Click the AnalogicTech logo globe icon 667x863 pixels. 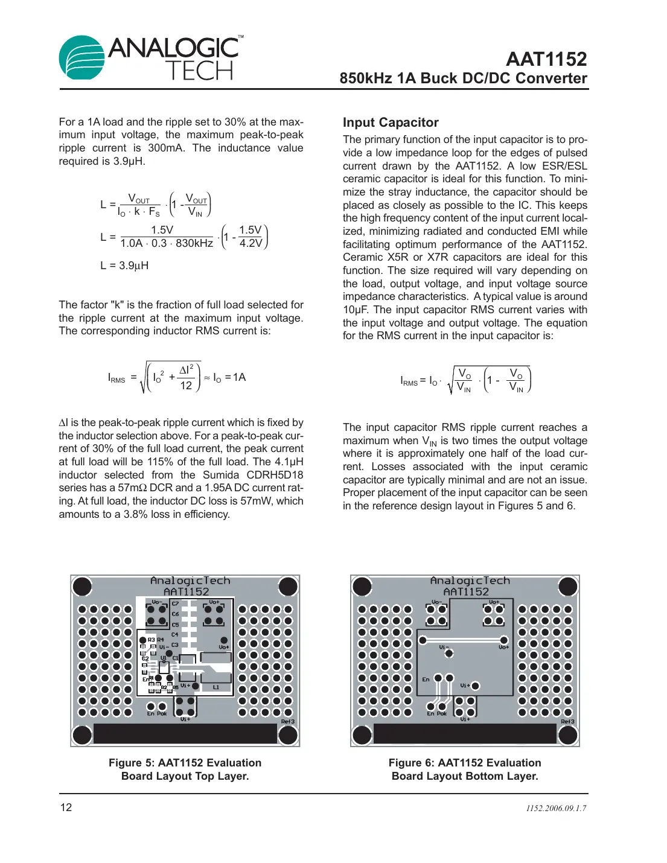(82, 59)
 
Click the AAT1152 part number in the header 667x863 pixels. (546, 59)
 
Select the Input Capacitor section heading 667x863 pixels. (391, 123)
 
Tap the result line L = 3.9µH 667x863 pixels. (124, 266)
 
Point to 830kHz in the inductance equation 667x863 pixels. (194, 243)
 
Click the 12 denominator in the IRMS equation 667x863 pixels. (186, 386)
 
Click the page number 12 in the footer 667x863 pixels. (66, 807)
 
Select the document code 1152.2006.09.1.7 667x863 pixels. (555, 809)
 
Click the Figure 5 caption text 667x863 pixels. (185, 769)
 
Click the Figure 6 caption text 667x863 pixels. (465, 769)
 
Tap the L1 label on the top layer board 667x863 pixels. (215, 687)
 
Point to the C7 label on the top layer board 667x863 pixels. (175, 603)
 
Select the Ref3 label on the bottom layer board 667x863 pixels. (567, 721)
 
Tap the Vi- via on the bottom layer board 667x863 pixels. (448, 653)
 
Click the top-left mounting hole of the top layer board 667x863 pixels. (82, 587)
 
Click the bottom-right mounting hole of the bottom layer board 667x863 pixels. (567, 734)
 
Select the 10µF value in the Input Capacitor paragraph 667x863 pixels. (356, 310)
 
